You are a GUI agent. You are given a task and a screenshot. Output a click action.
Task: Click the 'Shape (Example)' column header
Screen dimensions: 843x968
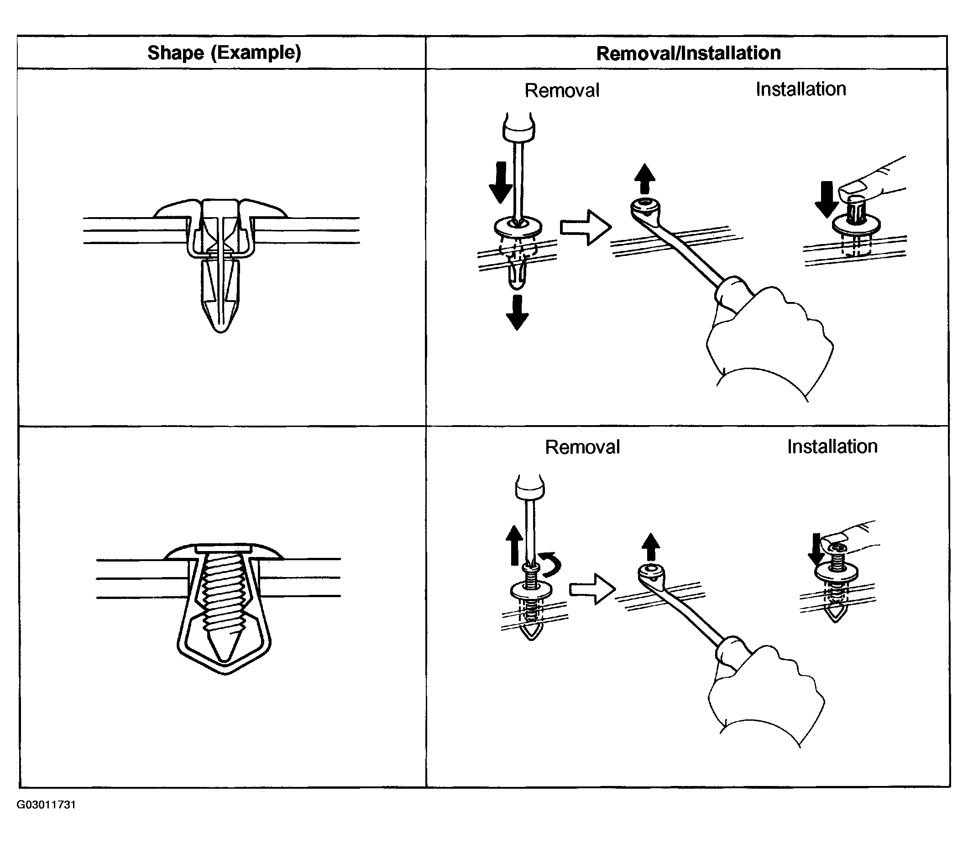click(x=224, y=53)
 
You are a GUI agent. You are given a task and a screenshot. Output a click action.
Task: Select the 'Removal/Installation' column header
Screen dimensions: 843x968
click(x=688, y=53)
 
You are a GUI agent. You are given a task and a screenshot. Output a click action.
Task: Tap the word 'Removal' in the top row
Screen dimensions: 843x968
click(x=562, y=90)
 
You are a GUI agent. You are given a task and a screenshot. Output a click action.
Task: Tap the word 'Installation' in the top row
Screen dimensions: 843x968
click(x=801, y=89)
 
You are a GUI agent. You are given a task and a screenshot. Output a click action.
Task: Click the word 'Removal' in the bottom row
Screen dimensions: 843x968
click(x=582, y=447)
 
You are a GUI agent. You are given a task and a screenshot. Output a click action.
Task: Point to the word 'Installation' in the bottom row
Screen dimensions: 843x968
click(x=832, y=447)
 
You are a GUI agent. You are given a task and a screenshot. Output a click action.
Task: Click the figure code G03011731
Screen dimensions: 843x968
click(x=46, y=804)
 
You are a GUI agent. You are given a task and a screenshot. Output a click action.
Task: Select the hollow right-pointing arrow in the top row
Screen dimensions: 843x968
click(x=586, y=228)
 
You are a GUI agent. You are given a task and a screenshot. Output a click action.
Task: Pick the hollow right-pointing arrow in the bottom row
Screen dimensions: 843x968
click(x=592, y=588)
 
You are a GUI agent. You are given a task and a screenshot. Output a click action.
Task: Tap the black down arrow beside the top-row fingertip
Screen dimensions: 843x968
click(x=827, y=199)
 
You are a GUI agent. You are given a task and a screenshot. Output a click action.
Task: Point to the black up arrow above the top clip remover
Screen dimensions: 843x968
click(x=644, y=179)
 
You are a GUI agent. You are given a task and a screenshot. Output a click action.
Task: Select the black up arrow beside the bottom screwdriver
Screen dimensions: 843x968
click(x=514, y=545)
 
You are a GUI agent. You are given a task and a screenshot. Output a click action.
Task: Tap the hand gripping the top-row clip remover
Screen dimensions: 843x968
click(x=772, y=338)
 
